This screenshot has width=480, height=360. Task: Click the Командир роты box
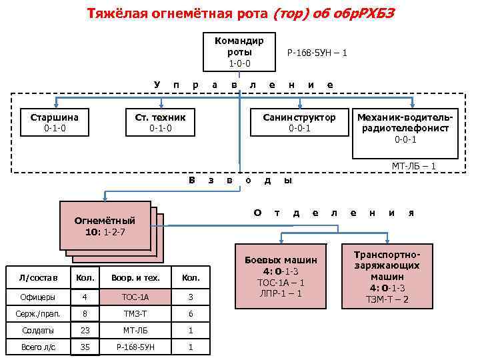pyautogui.click(x=239, y=51)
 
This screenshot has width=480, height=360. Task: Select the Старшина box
pyautogui.click(x=55, y=122)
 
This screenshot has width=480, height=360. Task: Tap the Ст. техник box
pyautogui.click(x=160, y=122)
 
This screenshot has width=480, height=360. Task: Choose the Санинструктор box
pyautogui.click(x=299, y=122)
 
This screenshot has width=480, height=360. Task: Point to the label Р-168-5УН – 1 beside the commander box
pyautogui.click(x=316, y=52)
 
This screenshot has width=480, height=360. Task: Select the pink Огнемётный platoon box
pyautogui.click(x=105, y=225)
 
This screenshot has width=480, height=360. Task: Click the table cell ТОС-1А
pyautogui.click(x=135, y=297)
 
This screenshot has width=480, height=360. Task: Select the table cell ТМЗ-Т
pyautogui.click(x=135, y=314)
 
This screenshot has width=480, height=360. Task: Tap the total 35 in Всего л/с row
pyautogui.click(x=84, y=347)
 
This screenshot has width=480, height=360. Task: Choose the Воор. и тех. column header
pyautogui.click(x=135, y=277)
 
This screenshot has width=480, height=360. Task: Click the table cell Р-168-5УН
pyautogui.click(x=135, y=347)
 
